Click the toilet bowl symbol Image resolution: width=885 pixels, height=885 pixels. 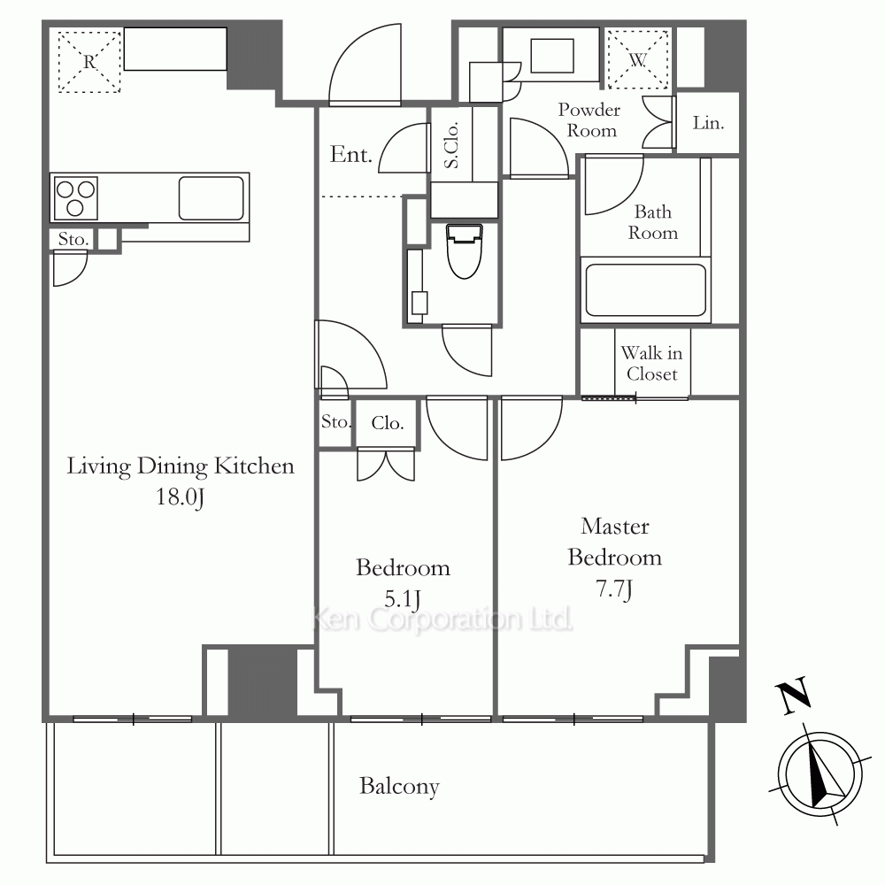(x=464, y=251)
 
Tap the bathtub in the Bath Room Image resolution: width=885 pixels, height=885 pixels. (x=646, y=290)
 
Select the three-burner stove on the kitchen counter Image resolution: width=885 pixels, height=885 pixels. (x=75, y=197)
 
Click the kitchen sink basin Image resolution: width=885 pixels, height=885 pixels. (x=212, y=198)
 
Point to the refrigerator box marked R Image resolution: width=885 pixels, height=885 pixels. (x=89, y=62)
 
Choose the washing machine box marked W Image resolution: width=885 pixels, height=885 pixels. (x=637, y=59)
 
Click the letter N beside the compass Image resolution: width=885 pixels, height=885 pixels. (x=794, y=696)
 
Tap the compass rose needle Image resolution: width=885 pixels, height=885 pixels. (x=822, y=775)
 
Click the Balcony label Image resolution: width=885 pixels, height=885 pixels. (x=399, y=786)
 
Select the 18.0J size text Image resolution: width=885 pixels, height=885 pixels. (x=180, y=497)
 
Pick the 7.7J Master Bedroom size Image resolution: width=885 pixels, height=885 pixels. (x=614, y=589)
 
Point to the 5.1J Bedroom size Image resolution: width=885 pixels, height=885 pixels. (x=403, y=599)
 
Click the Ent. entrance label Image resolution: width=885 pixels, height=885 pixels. (x=350, y=154)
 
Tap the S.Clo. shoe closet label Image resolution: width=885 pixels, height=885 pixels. (x=451, y=145)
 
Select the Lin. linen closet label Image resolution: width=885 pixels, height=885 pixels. (x=708, y=122)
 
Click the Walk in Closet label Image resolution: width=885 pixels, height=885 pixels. (x=652, y=364)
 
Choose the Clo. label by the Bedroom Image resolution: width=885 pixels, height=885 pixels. (x=388, y=423)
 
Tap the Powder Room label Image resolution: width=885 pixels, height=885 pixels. (x=589, y=119)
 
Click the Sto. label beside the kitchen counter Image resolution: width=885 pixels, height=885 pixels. (x=73, y=239)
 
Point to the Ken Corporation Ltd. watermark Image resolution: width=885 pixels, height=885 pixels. (x=442, y=619)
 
